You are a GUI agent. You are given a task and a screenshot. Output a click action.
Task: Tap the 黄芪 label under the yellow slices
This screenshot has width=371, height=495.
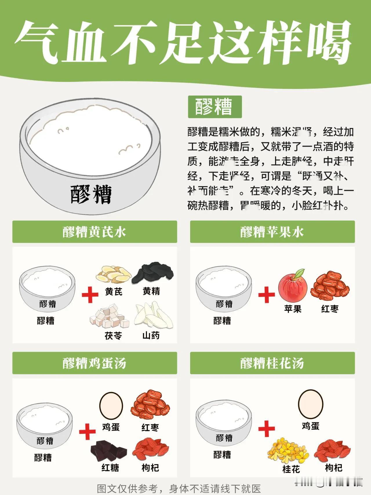point(114,291)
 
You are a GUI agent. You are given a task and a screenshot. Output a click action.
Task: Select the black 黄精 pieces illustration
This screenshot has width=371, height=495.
point(153,273)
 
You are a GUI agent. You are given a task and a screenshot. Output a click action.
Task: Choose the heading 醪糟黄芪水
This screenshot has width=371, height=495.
point(94,232)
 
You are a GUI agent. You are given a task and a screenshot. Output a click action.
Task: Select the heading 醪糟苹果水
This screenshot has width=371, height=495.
point(272,232)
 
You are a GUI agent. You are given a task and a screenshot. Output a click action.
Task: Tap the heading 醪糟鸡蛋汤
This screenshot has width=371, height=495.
point(94,363)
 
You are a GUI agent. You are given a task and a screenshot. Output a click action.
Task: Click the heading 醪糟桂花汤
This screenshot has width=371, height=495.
point(272,363)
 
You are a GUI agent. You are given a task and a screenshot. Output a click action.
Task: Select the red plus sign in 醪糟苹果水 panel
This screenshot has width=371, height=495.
point(266,295)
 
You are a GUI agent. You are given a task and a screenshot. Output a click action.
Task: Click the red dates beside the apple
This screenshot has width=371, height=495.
point(330,286)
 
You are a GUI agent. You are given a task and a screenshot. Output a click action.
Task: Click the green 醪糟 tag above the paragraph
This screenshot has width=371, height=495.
point(215,107)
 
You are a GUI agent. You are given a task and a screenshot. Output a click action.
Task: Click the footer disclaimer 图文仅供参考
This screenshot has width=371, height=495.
point(179,488)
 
